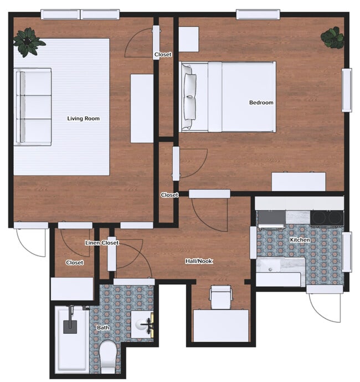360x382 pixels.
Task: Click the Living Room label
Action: (83, 118)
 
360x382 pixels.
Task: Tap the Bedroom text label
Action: (261, 102)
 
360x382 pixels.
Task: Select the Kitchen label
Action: (300, 240)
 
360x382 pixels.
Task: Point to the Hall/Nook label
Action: (198, 261)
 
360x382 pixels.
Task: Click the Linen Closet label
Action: (101, 243)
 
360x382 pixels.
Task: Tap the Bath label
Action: (103, 328)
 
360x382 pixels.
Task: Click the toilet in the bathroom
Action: (108, 357)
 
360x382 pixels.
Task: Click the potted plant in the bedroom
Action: (332, 38)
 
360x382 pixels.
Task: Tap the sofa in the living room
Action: (33, 107)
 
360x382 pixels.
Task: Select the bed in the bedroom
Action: (228, 97)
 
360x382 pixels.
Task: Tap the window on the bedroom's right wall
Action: (347, 90)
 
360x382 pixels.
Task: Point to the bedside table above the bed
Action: (188, 39)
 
